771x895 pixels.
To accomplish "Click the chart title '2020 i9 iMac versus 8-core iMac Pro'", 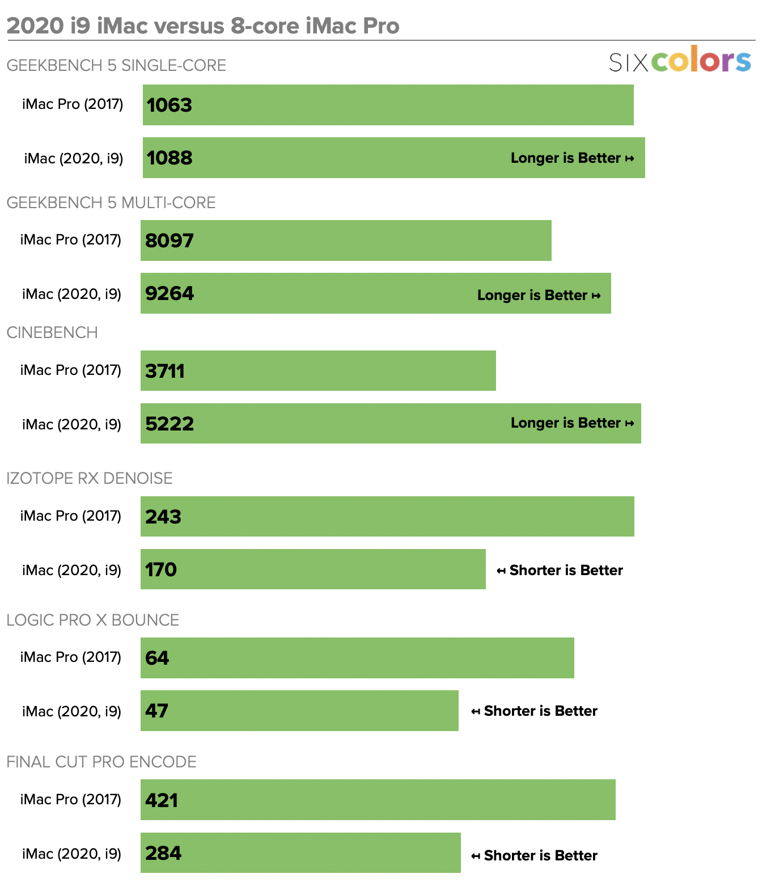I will coord(203,26).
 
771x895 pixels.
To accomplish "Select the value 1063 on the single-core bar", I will coord(170,105).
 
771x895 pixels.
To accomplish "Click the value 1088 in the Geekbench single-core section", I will coord(170,158).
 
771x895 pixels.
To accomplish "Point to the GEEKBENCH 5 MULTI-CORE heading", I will coord(111,202).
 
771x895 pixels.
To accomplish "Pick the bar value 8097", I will coord(170,240).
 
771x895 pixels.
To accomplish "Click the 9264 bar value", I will coord(170,293).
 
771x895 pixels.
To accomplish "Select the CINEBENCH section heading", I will coord(52,332).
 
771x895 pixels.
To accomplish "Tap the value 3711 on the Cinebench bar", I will coord(165,371).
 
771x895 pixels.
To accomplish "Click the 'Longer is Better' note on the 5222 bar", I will coord(572,423).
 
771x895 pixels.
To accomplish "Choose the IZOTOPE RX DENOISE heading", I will coord(90,478).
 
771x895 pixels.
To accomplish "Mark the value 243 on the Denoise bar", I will coord(163,517).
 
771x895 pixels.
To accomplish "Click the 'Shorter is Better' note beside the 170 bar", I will coord(560,570).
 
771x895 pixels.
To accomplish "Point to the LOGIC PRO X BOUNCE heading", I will coord(93,620).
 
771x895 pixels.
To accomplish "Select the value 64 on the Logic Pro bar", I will coord(157,658).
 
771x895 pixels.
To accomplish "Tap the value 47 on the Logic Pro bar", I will coord(156,711).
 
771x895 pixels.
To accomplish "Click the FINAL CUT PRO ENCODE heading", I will coord(101,762).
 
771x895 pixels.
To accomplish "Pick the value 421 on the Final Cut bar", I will coord(162,800).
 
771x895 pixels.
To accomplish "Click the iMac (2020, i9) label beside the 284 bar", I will coord(71,854).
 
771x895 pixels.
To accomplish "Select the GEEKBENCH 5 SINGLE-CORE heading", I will coord(116,65).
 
